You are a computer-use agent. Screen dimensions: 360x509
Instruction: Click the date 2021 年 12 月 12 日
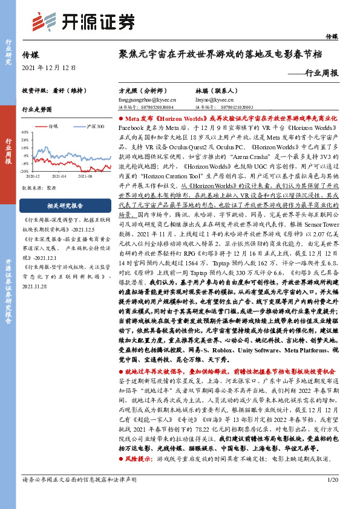click(49, 66)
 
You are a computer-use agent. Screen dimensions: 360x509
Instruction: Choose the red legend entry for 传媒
click(56, 126)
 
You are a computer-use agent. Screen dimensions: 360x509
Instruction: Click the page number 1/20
click(332, 496)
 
